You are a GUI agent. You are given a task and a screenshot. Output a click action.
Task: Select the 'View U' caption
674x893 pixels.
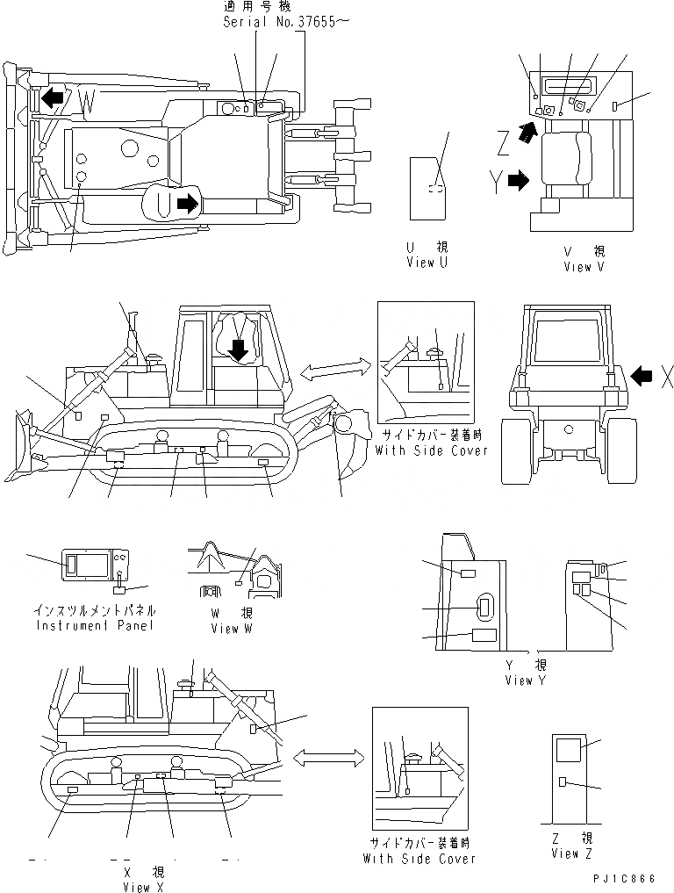427,263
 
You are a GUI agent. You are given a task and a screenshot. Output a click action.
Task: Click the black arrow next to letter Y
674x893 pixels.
520,182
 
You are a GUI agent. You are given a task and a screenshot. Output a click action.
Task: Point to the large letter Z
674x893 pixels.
501,140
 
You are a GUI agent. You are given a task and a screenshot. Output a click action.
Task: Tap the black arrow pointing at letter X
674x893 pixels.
642,377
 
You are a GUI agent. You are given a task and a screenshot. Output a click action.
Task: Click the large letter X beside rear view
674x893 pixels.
667,378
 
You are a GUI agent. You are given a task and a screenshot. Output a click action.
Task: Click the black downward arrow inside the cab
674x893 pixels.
238,351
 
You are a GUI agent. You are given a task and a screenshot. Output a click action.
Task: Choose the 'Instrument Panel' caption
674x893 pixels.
96,625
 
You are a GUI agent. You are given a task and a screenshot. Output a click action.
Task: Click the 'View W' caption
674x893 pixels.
233,629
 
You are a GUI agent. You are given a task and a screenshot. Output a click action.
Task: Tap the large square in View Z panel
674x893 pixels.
568,749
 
